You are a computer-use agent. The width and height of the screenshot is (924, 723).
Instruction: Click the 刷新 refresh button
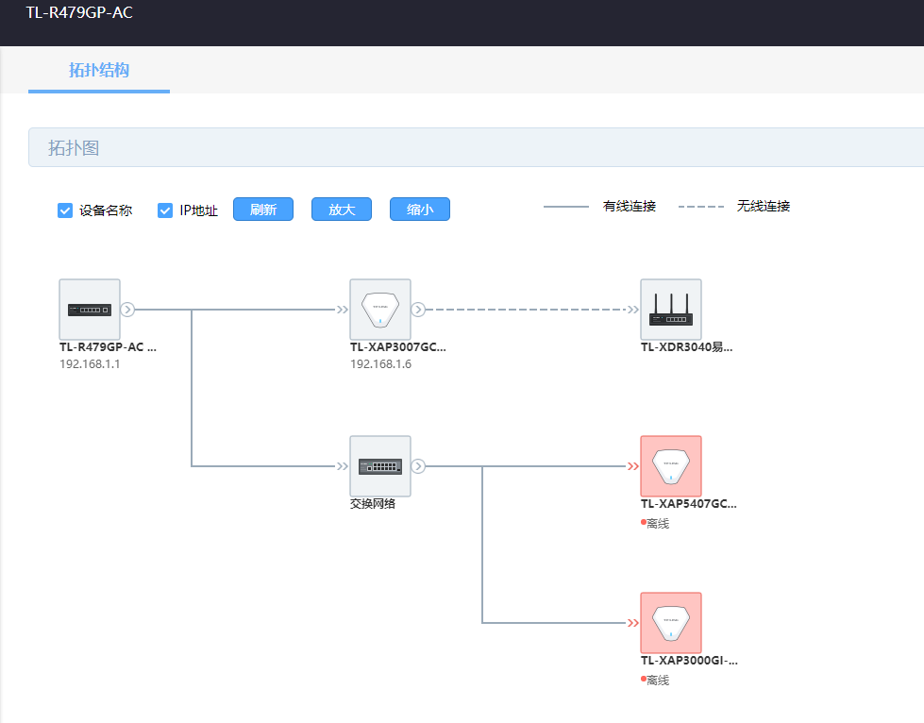pos(262,210)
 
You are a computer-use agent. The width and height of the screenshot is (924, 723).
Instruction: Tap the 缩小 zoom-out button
pos(420,210)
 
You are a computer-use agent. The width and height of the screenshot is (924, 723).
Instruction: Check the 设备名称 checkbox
pos(65,210)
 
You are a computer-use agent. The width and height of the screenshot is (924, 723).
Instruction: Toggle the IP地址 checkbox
pos(165,210)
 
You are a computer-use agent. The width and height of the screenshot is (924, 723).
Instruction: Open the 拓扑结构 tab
pos(99,70)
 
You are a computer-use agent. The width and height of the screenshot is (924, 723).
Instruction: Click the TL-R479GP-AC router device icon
pos(90,310)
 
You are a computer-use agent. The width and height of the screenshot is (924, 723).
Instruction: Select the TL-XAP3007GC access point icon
pos(380,310)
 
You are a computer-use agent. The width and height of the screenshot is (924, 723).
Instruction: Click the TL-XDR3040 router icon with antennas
pos(671,310)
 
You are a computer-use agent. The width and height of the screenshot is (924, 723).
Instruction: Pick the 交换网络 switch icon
pos(380,466)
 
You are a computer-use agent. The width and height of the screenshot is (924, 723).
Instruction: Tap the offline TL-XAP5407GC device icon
pos(671,466)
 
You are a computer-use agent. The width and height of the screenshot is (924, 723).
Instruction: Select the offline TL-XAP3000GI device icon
pos(671,623)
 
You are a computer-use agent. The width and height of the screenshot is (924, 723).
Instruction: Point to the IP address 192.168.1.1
pos(90,364)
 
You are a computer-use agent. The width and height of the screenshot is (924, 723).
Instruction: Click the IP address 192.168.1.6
pos(380,364)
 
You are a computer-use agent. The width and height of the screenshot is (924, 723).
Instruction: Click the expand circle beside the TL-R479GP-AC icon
pos(127,310)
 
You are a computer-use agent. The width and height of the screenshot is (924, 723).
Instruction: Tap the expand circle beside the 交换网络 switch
pos(418,466)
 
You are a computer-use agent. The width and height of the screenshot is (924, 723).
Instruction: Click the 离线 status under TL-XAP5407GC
pos(658,523)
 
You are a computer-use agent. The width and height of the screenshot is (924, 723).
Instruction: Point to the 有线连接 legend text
pos(630,207)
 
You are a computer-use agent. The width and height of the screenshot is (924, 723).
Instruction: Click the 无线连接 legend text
pos(764,207)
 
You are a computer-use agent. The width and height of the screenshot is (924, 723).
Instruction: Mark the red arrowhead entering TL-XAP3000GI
pos(633,623)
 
